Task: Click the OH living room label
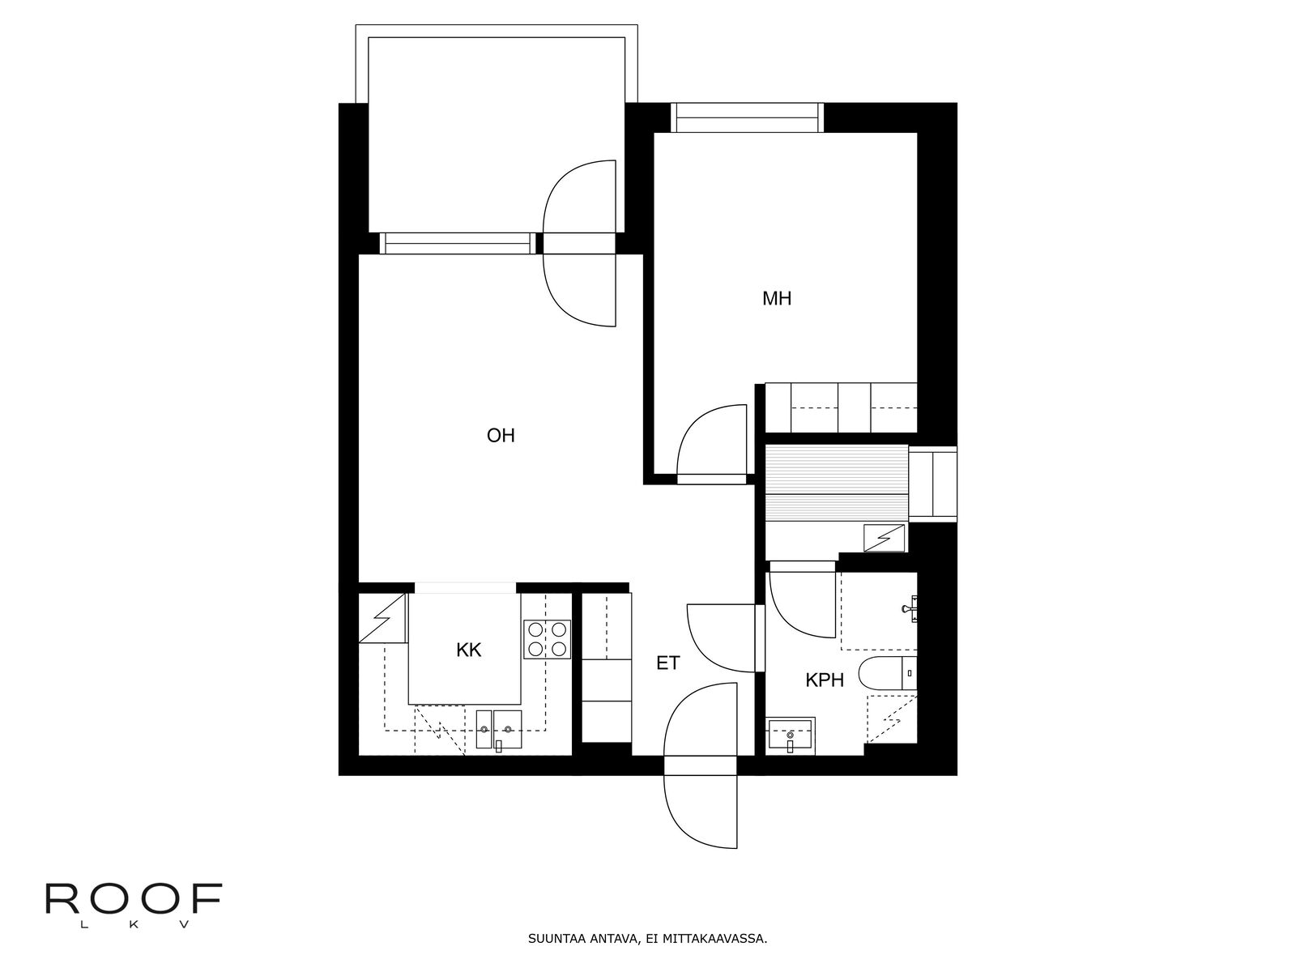(x=501, y=436)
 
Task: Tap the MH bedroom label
(x=777, y=299)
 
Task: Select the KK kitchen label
(x=469, y=650)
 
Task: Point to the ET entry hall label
(x=668, y=663)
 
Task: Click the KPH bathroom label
(x=825, y=680)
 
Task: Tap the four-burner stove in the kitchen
(x=548, y=639)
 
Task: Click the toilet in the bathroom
(x=888, y=674)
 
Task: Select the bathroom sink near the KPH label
(x=791, y=736)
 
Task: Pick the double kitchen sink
(x=499, y=730)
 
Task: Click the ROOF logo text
(x=134, y=899)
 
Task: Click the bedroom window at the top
(x=747, y=118)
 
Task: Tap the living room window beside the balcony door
(x=458, y=243)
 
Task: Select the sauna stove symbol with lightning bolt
(x=884, y=538)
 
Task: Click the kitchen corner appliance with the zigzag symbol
(x=382, y=618)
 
